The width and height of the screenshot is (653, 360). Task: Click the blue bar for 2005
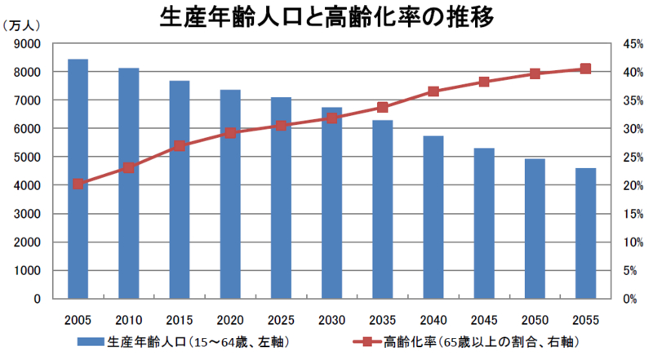[78, 179]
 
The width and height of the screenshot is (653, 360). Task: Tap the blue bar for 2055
[585, 233]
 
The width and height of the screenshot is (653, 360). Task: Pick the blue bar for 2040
[433, 216]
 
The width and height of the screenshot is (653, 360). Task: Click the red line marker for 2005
[78, 184]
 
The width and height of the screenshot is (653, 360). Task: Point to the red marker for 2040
[433, 91]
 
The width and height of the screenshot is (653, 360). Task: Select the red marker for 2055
[585, 69]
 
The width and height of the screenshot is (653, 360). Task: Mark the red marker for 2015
[180, 145]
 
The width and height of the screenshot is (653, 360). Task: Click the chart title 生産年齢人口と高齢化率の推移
[327, 17]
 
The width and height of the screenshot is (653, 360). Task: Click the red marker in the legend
[367, 340]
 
